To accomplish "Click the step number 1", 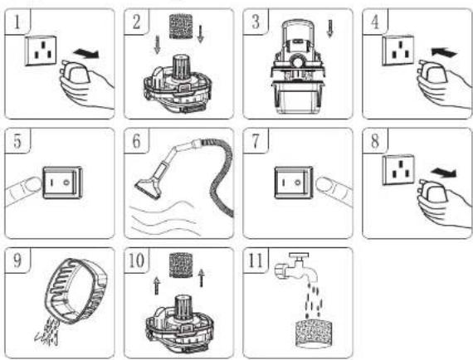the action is (17, 22).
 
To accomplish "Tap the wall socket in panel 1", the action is (41, 51).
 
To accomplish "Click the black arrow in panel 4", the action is (444, 53).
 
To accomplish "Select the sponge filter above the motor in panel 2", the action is (181, 27).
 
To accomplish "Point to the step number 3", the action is (256, 22).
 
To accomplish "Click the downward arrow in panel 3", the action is (330, 29).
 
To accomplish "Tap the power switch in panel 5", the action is (62, 182).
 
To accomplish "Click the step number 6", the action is (136, 141).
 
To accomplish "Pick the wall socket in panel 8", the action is (398, 170).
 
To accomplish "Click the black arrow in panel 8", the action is (443, 173).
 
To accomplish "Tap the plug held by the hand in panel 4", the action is (431, 72).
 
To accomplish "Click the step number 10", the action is (136, 260).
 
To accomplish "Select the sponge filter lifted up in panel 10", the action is (181, 265).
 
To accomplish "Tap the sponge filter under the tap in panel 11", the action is (314, 333).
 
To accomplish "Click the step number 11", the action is (256, 260).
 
